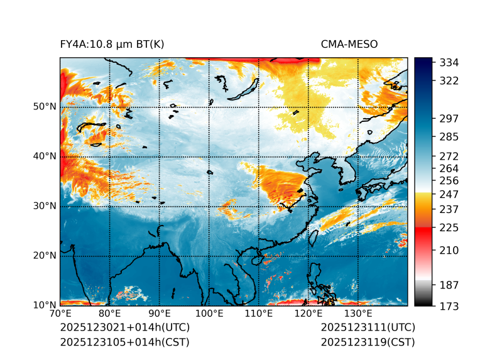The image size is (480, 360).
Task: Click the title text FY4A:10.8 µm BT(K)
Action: pos(112,44)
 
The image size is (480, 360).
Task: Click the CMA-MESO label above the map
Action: pos(349,44)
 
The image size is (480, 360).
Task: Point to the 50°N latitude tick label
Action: pos(45,107)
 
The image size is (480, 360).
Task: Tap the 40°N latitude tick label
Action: pos(45,156)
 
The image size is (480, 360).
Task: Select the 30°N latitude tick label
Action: pos(45,206)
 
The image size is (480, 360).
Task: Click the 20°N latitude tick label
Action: pos(45,256)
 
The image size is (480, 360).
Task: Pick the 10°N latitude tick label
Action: pos(45,305)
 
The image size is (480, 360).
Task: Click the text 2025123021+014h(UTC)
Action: pos(124,328)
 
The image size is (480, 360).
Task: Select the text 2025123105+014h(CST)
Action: pos(124,342)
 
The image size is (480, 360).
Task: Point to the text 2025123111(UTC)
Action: pos(368,328)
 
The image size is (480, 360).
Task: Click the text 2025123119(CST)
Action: pos(368,342)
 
